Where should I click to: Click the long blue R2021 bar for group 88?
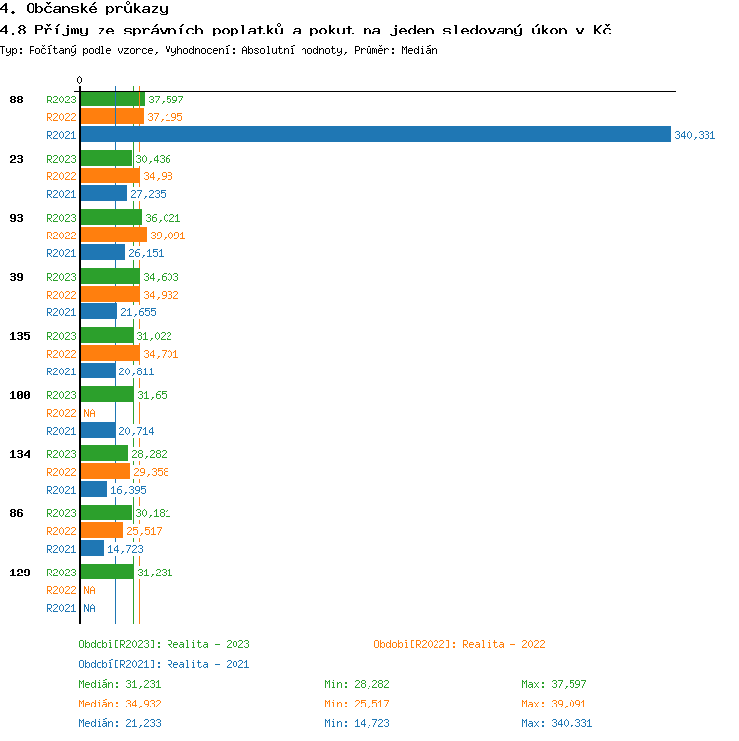pos(374,135)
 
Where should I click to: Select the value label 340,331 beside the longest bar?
pos(695,135)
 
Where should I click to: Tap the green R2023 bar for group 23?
pos(105,159)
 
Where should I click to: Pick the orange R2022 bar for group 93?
pos(113,236)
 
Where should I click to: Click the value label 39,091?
pos(168,236)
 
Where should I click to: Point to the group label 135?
pos(20,336)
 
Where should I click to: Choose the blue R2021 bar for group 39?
pos(99,312)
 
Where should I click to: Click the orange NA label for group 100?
pos(89,413)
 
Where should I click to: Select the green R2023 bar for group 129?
pos(106,573)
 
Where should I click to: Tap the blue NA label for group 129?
pos(89,608)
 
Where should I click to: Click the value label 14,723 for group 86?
pos(126,549)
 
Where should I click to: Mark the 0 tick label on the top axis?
pos(79,81)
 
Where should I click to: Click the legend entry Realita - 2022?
pos(459,644)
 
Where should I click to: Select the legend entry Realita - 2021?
pos(164,664)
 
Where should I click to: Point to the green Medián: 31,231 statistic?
pos(119,684)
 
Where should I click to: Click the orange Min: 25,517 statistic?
pos(361,704)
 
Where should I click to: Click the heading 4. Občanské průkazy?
pos(84,9)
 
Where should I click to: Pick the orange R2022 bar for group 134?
pos(104,472)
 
